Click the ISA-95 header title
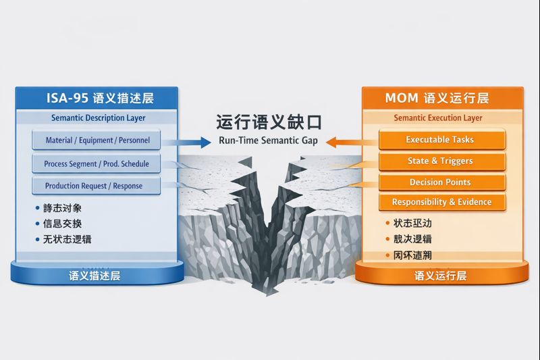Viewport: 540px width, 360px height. [x=100, y=98]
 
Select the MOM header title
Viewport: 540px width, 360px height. [x=437, y=98]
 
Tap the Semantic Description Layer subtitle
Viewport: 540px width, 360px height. [x=98, y=118]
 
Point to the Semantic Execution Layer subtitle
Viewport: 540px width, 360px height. [x=438, y=118]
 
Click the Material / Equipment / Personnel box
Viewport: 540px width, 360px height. [x=97, y=140]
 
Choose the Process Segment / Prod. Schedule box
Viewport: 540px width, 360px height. [x=97, y=163]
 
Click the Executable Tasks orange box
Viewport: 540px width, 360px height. [x=439, y=140]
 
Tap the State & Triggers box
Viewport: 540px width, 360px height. [x=440, y=161]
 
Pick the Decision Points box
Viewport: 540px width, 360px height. [x=440, y=182]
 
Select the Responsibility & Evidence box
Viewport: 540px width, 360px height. [x=441, y=202]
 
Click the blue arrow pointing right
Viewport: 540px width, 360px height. [x=192, y=142]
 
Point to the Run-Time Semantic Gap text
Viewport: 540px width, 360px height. [x=268, y=141]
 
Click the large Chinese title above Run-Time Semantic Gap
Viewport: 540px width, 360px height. [x=269, y=122]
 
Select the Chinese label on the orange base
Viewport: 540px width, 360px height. [x=440, y=276]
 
